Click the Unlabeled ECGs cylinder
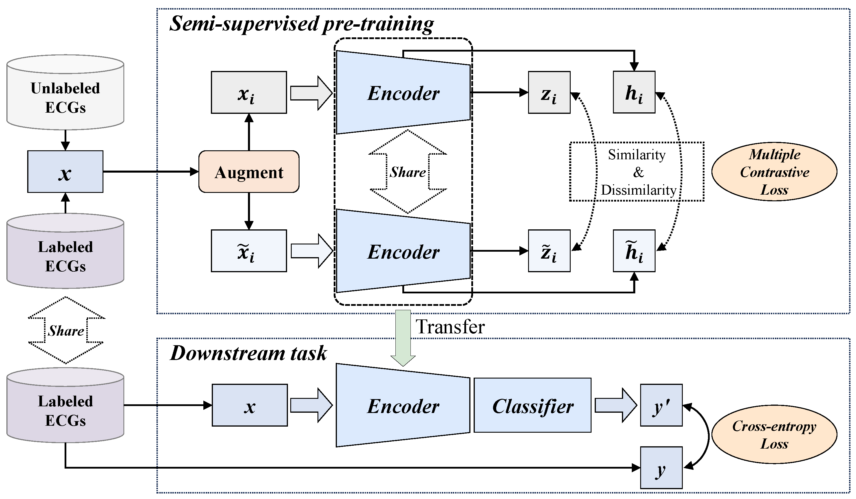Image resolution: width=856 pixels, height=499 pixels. click(65, 92)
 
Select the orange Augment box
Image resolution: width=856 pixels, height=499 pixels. click(249, 172)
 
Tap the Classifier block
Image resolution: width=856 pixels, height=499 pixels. click(532, 405)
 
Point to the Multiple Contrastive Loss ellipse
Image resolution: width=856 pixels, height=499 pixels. click(774, 172)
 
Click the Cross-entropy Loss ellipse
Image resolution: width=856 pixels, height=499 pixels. click(774, 434)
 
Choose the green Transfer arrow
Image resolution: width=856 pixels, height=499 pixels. click(403, 336)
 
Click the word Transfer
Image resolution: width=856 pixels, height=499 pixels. click(450, 327)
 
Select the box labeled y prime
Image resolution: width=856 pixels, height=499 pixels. click(661, 405)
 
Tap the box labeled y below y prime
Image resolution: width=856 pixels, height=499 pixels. click(661, 468)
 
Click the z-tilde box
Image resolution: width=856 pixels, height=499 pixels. click(549, 251)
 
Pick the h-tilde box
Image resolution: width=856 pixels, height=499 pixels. click(634, 251)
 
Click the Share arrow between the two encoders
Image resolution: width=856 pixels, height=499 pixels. click(408, 172)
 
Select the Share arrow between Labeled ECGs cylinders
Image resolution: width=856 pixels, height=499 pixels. click(65, 330)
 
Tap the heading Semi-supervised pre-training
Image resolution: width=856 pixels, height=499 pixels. click(301, 24)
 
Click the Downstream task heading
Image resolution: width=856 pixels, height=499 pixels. click(248, 353)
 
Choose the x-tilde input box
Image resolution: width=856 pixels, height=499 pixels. click(249, 251)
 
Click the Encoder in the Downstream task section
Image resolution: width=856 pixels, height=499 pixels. click(403, 405)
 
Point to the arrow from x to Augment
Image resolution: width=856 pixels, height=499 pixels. click(149, 172)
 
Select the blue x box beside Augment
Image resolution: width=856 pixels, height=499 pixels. click(65, 172)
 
